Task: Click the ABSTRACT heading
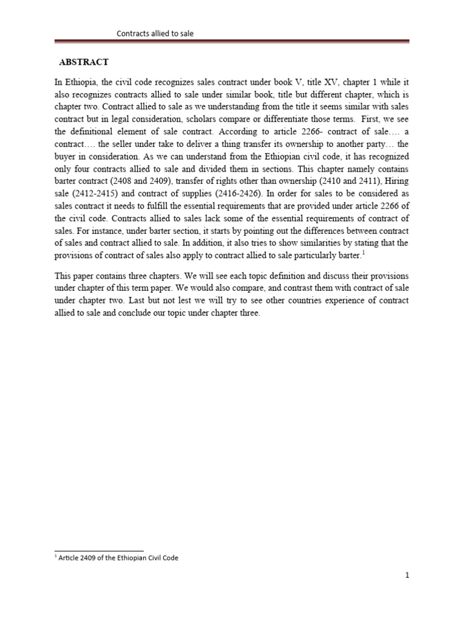(83, 62)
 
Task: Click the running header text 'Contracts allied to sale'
(155, 34)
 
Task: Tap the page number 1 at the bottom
(407, 576)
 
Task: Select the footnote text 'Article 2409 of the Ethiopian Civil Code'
(119, 558)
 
